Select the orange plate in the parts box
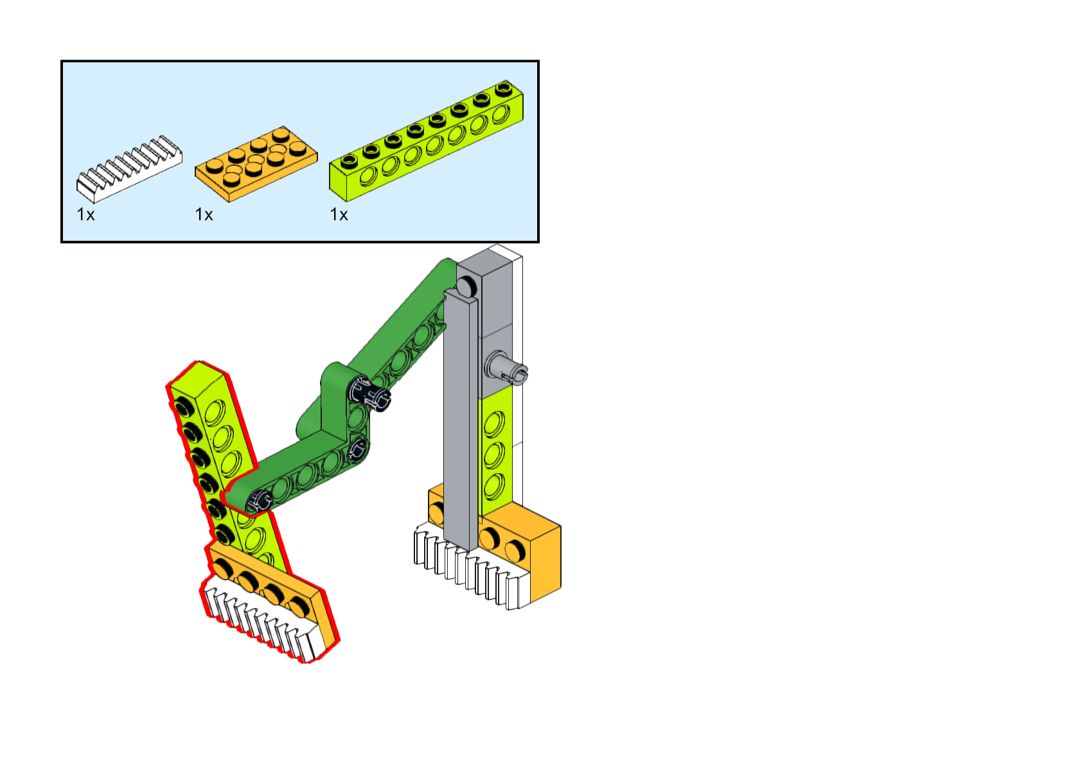[256, 163]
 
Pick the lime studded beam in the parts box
[425, 138]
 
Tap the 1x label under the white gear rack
[85, 214]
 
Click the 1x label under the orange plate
[204, 214]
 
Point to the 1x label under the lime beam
[339, 214]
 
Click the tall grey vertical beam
[460, 417]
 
